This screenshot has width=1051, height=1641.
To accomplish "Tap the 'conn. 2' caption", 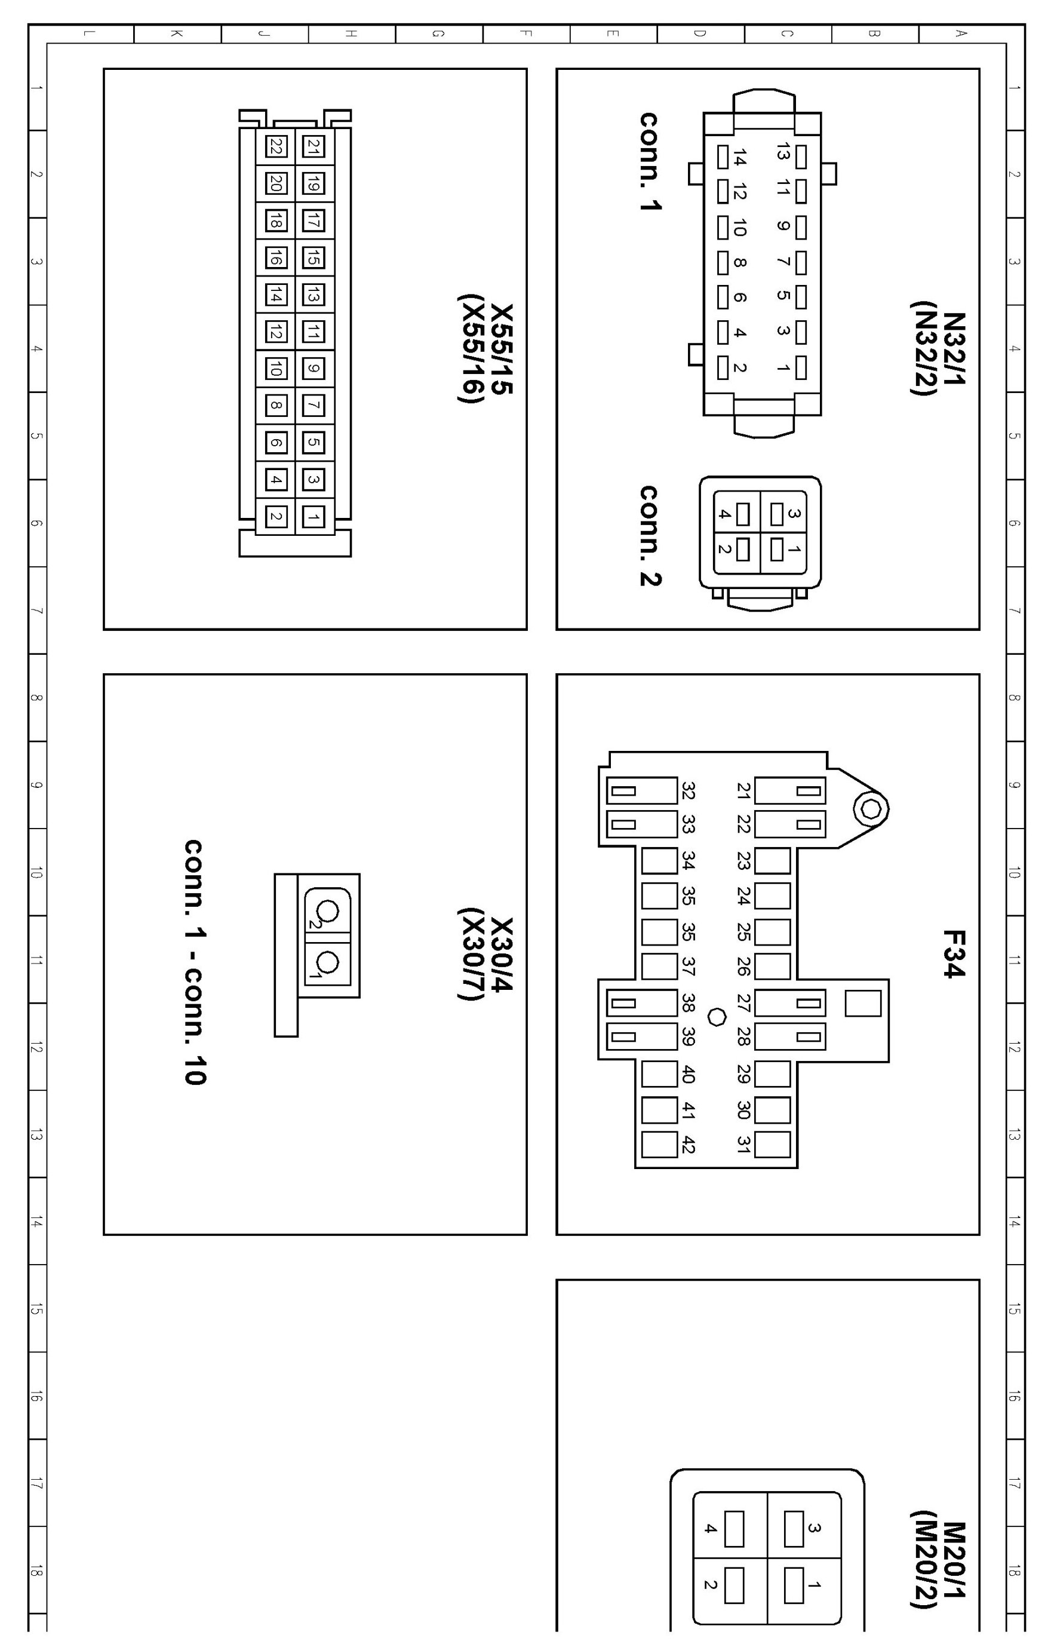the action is pos(650,536).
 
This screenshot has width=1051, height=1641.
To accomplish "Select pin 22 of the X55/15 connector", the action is pos(276,147).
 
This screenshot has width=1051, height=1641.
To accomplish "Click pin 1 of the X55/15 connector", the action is pos(314,517).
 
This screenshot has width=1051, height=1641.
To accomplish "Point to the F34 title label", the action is pos(954,953).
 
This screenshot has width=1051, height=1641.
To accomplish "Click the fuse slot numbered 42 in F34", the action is pos(659,1145).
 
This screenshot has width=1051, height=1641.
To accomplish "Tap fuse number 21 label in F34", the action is pos(743,791).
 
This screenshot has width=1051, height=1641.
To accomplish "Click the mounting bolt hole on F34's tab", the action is pos(871,809).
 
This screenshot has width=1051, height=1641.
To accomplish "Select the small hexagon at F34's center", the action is pos(717,1017).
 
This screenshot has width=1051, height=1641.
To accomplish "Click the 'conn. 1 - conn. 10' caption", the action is pos(195,962).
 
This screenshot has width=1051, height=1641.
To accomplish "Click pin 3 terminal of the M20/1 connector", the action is pos(794,1529).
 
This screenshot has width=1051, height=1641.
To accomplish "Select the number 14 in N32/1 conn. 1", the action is pos(739,158).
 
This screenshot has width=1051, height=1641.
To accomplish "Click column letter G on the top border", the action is pos(439,33).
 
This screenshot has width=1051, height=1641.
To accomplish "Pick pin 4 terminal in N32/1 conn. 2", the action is pos(742,514).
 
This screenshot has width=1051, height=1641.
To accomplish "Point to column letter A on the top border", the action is pos(961,33).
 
